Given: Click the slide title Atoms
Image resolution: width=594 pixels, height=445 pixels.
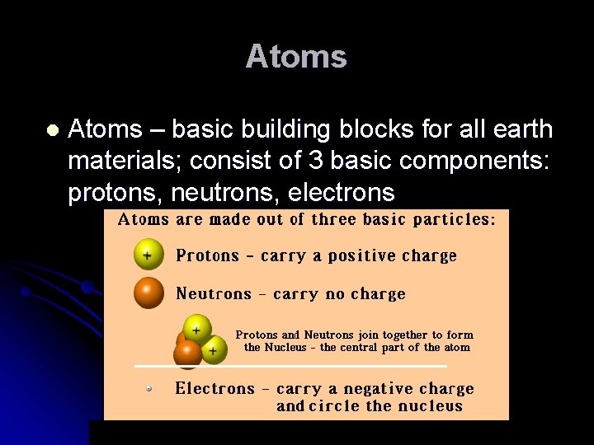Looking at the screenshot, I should coord(296,57).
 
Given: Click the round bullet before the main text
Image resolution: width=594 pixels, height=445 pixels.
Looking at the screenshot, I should coord(52,130).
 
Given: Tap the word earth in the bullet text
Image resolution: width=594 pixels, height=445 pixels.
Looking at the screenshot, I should coord(520,129).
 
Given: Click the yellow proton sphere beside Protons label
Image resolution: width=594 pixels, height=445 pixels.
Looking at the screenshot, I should coord(148,255).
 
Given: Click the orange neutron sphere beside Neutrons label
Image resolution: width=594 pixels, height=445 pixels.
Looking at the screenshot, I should coord(148,293).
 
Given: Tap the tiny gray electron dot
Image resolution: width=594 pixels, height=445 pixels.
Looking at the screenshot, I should coord(149,387).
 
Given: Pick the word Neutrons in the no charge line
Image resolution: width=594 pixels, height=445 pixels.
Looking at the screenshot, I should coord(213,294).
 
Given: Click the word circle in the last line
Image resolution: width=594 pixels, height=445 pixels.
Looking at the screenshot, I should coord(334,405).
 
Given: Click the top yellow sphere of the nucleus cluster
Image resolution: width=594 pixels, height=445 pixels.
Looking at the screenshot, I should coord(196,330).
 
